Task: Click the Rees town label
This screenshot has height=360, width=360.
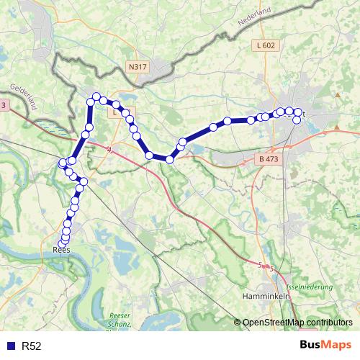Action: [x=62, y=251]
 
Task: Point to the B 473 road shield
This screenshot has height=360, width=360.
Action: [x=267, y=158]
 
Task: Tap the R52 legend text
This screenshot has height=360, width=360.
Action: [x=32, y=346]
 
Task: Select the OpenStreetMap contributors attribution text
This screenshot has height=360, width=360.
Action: [x=297, y=322]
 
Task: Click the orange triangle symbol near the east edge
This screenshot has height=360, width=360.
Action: [x=337, y=95]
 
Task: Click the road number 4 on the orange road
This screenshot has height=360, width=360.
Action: [x=109, y=150]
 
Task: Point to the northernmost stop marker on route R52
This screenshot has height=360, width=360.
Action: [x=95, y=99]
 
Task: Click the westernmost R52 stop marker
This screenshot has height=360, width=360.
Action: [x=62, y=165]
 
